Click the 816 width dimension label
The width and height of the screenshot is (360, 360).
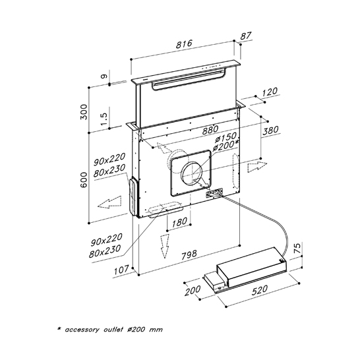point(184,44)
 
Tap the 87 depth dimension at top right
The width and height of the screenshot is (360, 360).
point(246,36)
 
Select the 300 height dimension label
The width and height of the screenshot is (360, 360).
point(84,112)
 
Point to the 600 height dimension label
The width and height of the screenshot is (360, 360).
point(84,180)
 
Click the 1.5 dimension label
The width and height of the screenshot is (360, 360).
point(104,119)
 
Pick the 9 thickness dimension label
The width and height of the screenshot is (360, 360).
point(104,76)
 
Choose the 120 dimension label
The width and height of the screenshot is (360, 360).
point(270,92)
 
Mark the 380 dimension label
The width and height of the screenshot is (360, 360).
point(270,131)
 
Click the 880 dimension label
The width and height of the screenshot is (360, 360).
point(210,130)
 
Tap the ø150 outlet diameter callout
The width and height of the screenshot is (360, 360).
point(225,138)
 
